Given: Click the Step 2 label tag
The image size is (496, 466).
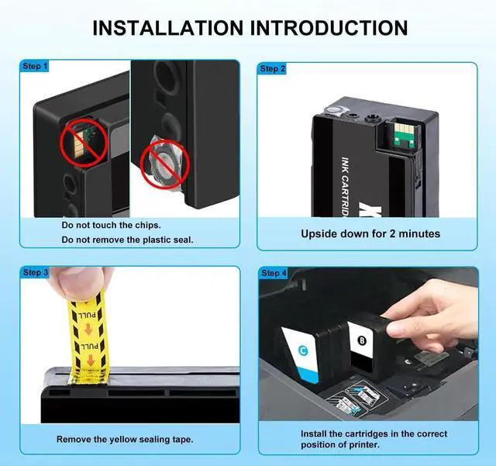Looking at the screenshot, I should click(x=274, y=69).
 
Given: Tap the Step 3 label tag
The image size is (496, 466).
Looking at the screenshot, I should click(x=36, y=272).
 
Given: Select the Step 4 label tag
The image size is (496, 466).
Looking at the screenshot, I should click(x=274, y=273).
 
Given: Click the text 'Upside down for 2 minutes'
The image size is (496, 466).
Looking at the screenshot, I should click(x=370, y=233).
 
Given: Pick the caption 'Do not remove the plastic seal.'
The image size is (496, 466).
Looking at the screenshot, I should click(x=128, y=240).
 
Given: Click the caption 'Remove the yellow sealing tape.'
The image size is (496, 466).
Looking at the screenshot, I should click(x=125, y=439).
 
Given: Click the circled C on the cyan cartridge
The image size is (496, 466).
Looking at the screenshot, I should click(x=302, y=350).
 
